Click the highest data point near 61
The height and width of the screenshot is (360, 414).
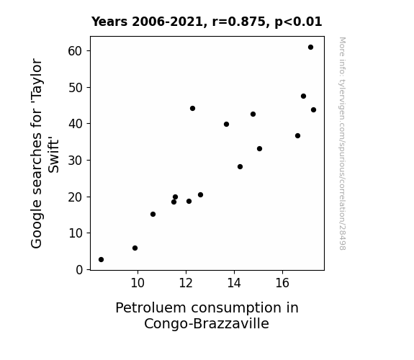click(310, 48)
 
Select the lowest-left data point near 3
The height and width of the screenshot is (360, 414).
click(101, 260)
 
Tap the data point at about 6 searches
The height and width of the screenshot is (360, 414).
click(135, 248)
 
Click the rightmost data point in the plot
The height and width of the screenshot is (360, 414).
click(313, 110)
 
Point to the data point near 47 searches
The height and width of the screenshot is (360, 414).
click(303, 96)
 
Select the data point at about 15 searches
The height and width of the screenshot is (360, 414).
click(153, 215)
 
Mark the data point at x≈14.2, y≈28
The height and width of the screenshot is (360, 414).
click(240, 166)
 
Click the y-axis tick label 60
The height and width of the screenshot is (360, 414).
click(76, 51)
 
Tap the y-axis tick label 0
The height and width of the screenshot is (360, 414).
click(79, 270)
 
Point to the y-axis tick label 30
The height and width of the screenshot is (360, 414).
click(76, 161)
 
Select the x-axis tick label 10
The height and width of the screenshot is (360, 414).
click(138, 283)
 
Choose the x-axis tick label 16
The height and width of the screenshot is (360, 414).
click(282, 283)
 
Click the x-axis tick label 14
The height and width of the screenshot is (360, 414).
click(234, 283)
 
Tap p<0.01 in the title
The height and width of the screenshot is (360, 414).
click(298, 22)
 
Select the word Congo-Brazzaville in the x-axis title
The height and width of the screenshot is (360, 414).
click(207, 324)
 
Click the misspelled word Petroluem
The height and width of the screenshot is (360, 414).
click(151, 308)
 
